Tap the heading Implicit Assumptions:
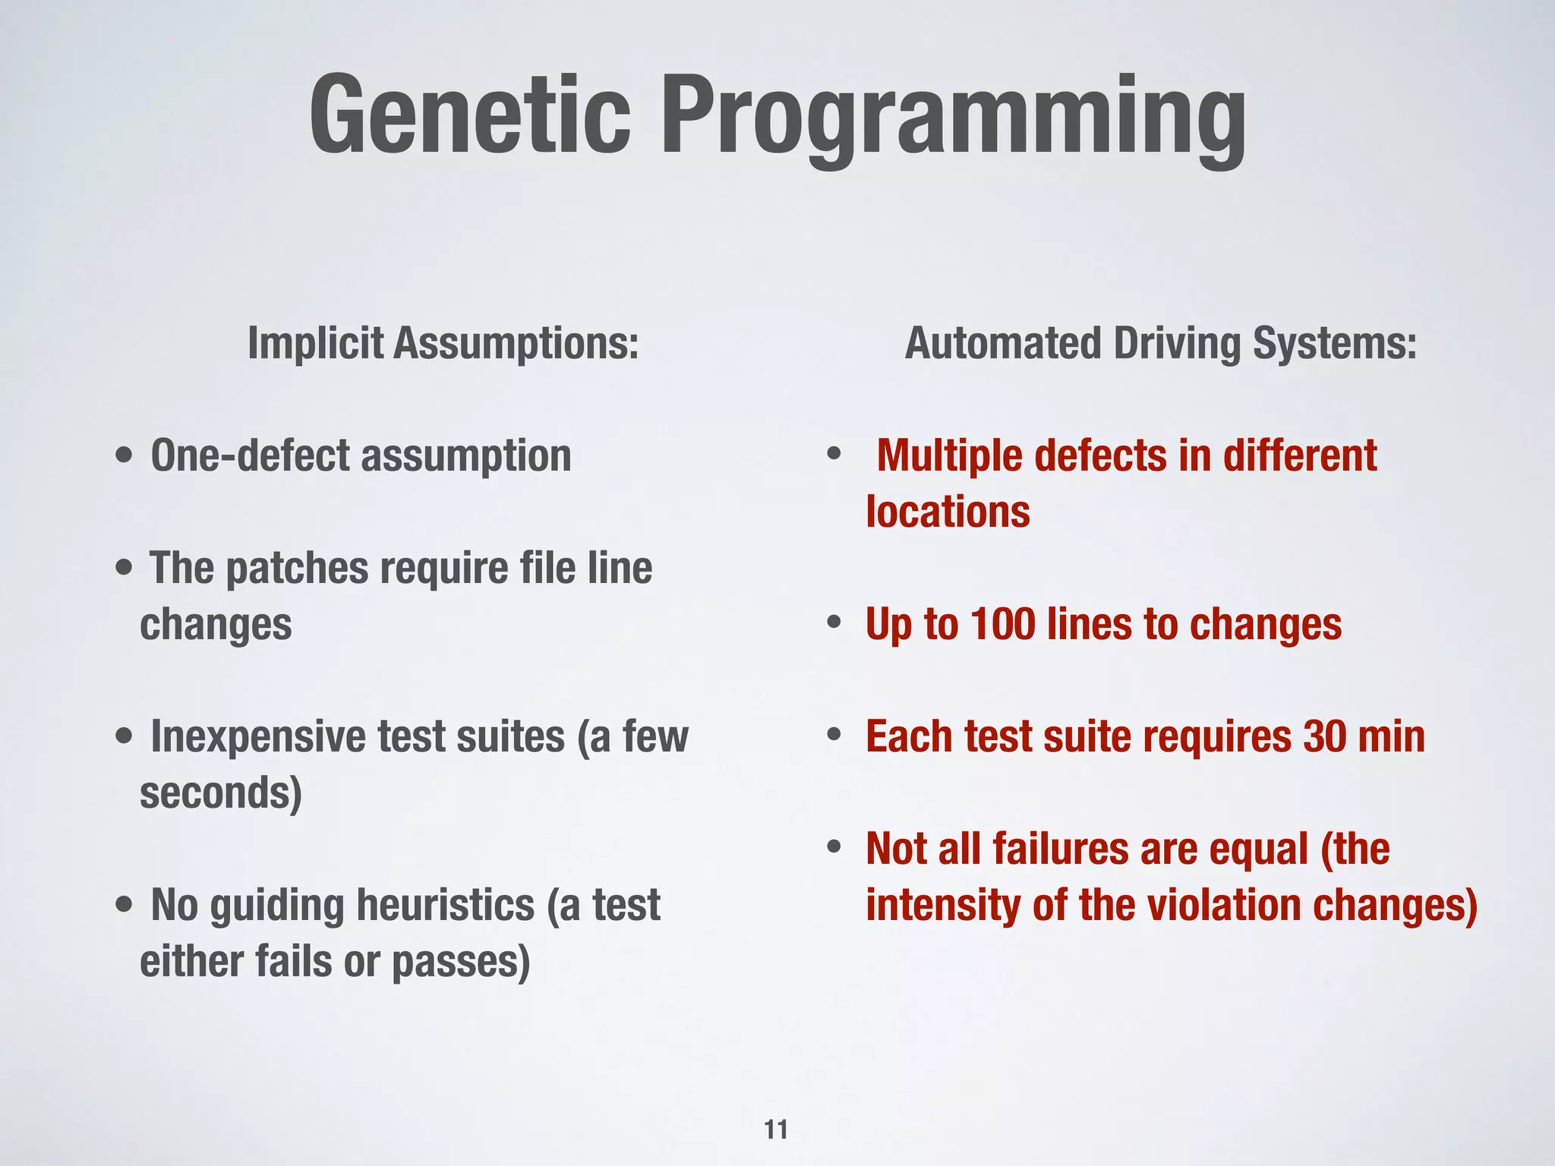443,343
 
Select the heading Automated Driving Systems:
1160,343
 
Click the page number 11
776,1130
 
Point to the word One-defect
250,455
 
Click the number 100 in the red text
1002,624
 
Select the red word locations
948,512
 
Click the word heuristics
445,905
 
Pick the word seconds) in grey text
221,793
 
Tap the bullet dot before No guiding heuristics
125,905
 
